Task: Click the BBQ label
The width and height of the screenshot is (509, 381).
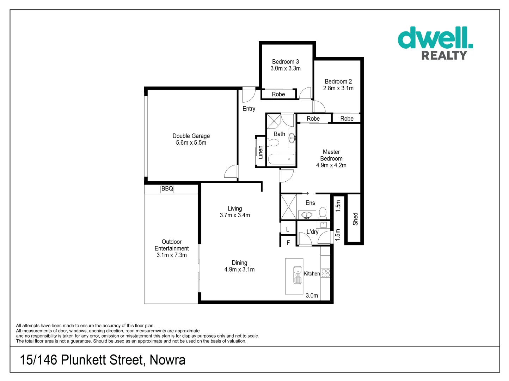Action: pyautogui.click(x=167, y=189)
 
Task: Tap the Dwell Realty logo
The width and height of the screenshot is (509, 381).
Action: pyautogui.click(x=435, y=43)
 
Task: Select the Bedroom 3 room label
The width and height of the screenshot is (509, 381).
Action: pyautogui.click(x=286, y=62)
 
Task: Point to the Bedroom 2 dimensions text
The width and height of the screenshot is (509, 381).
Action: pyautogui.click(x=338, y=88)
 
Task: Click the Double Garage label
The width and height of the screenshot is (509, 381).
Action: pyautogui.click(x=191, y=136)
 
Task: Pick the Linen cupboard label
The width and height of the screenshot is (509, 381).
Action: pyautogui.click(x=260, y=152)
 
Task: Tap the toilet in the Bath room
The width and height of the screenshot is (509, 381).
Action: pyautogui.click(x=274, y=143)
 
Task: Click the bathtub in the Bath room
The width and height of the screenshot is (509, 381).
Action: pyautogui.click(x=281, y=159)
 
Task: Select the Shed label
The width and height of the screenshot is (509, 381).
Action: pyautogui.click(x=355, y=219)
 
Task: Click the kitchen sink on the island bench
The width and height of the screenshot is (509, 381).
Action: pyautogui.click(x=298, y=275)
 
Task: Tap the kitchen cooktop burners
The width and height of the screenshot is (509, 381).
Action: pyautogui.click(x=326, y=273)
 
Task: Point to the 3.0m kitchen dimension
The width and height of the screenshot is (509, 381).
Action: pyautogui.click(x=312, y=296)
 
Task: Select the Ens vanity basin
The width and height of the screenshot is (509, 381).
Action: pyautogui.click(x=307, y=214)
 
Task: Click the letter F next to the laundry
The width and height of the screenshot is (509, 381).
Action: pyautogui.click(x=288, y=243)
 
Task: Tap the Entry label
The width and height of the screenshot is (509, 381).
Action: pyautogui.click(x=249, y=109)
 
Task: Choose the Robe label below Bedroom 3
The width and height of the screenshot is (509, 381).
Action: pyautogui.click(x=278, y=94)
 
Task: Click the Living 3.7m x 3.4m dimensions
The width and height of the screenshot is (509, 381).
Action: pyautogui.click(x=235, y=215)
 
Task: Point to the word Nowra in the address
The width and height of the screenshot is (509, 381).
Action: pyautogui.click(x=167, y=360)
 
